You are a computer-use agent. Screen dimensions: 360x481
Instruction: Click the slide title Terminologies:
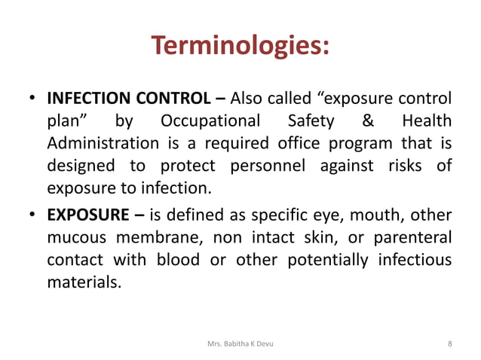coord(240,47)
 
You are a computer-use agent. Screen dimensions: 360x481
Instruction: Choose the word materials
coord(82,283)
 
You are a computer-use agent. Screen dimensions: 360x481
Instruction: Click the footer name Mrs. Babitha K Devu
coord(240,344)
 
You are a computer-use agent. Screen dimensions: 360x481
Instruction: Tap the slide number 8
coord(449,344)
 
